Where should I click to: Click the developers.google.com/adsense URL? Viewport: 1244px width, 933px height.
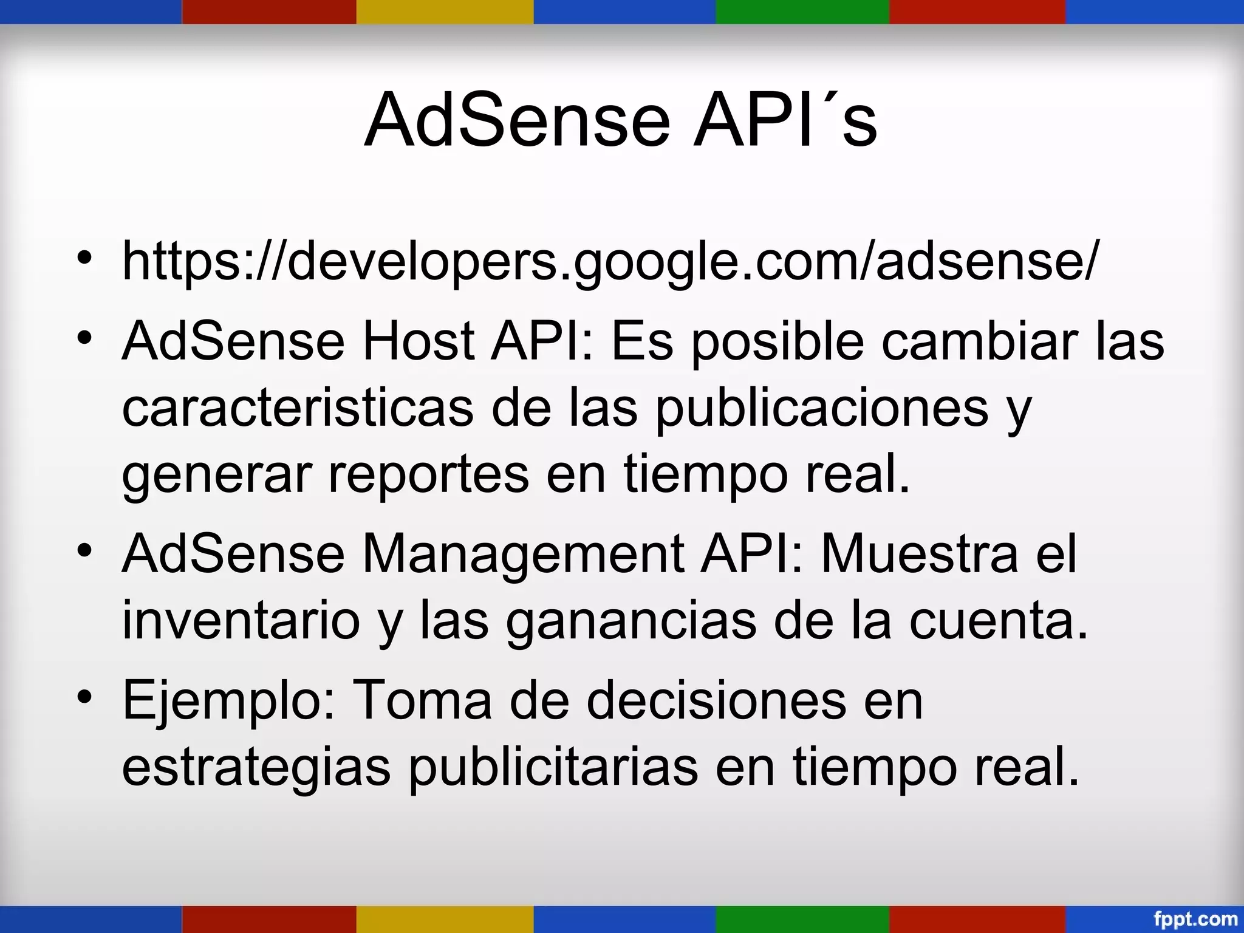tap(610, 262)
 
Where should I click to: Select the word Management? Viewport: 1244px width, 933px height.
tap(522, 554)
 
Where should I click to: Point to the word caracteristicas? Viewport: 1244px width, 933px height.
tap(298, 408)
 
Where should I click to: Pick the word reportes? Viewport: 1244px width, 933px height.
tap(428, 475)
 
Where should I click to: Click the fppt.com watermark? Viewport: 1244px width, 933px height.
tap(1195, 918)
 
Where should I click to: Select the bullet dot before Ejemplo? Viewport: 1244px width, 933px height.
tap(84, 696)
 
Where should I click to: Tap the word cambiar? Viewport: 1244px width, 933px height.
tap(980, 341)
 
